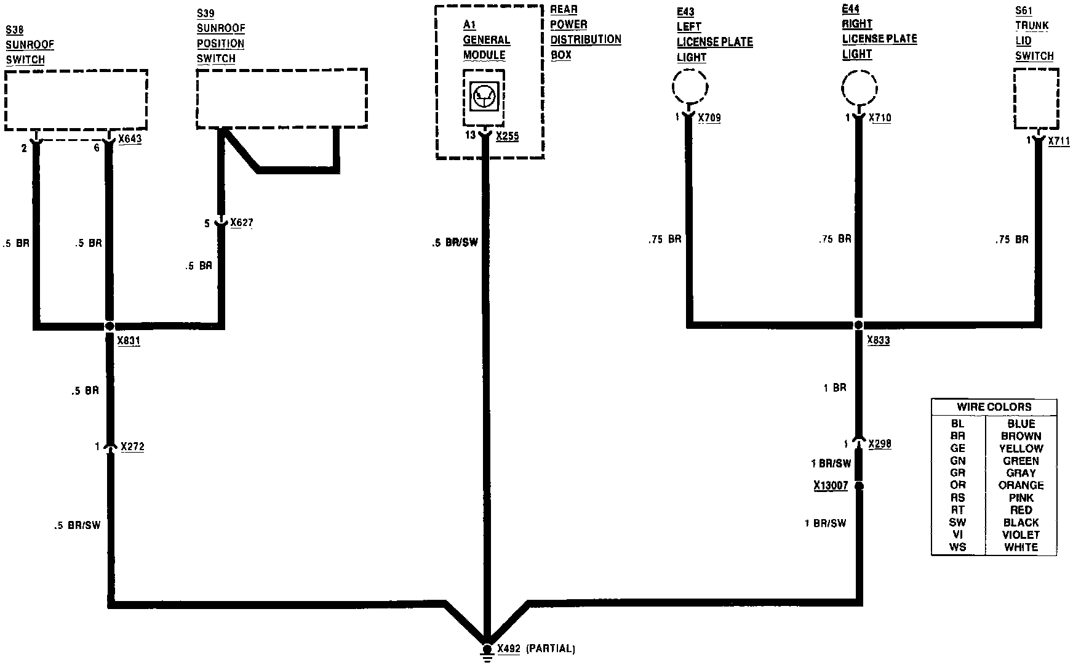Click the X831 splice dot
point(110,326)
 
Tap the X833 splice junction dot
point(859,325)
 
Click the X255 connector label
point(507,136)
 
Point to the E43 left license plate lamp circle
point(690,86)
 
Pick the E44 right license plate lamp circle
point(859,86)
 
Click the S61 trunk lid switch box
point(1037,99)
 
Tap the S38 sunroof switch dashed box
point(76,99)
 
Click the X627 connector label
point(242,222)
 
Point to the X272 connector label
point(133,446)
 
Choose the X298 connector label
point(880,444)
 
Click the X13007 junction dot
point(860,486)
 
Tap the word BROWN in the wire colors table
point(1021,436)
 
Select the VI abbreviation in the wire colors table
point(957,535)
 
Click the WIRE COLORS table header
point(994,407)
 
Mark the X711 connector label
point(1059,141)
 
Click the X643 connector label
point(130,139)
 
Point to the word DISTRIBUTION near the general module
point(585,39)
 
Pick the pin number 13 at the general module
point(470,135)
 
